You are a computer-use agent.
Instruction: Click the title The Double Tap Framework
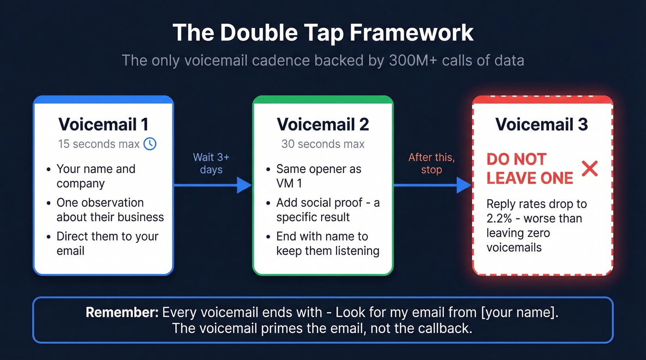[323, 33]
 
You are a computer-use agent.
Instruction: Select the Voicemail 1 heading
[103, 124]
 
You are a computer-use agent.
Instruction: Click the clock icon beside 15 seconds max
[150, 144]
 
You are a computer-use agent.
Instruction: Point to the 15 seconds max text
[98, 144]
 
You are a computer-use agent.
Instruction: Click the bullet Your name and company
[96, 176]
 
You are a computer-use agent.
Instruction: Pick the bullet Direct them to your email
[107, 243]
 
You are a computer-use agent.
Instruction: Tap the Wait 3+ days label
[211, 163]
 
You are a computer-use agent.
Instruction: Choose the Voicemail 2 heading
[323, 124]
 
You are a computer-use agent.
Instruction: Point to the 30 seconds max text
[323, 144]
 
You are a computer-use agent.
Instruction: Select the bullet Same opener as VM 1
[318, 176]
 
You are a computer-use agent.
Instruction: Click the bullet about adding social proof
[328, 210]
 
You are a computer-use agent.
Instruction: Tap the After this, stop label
[431, 163]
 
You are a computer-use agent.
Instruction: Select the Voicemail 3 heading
[542, 124]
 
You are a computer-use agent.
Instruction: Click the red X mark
[589, 169]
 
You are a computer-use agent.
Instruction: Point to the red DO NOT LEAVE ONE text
[530, 169]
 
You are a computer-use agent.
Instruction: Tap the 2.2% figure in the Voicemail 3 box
[499, 218]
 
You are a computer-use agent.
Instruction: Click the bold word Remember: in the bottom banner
[122, 312]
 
